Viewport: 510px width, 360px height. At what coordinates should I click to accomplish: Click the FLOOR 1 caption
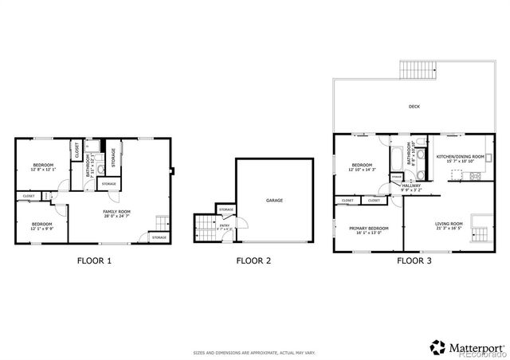point(94,260)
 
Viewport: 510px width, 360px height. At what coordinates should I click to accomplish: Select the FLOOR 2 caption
point(253,260)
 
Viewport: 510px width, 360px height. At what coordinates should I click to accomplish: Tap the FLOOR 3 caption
point(414,260)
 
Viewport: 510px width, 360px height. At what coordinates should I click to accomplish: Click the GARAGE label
point(274,200)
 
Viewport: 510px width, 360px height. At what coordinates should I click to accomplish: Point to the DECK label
point(414,106)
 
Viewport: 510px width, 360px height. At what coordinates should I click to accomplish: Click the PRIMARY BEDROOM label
point(368,228)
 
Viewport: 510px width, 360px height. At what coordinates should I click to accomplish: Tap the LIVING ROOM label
point(449,224)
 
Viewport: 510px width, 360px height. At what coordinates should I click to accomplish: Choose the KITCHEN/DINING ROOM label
point(460,157)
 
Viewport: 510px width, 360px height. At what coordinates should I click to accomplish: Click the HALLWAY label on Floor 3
point(396,186)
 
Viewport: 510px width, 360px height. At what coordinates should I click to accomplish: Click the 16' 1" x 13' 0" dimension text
point(368,233)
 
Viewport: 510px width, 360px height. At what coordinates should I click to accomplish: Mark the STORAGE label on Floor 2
point(226,209)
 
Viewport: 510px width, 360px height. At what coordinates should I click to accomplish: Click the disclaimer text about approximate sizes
point(254,351)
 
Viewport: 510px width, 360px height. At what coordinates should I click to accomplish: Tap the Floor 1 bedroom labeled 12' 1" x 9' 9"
point(41,225)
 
